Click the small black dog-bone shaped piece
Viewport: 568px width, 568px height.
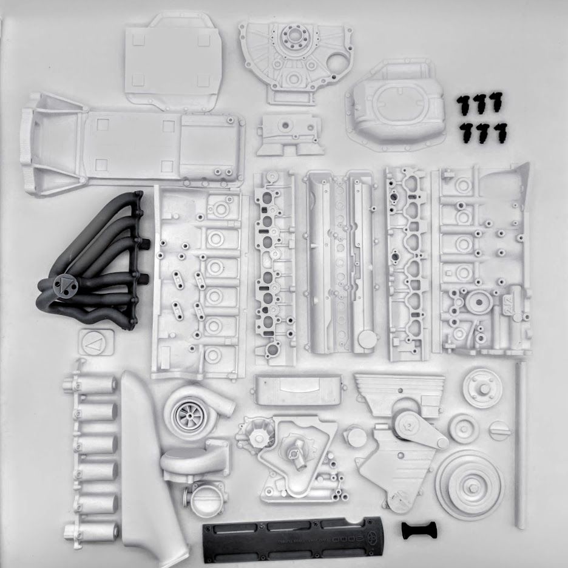tap(418, 530)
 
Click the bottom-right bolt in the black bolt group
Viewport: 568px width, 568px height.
tap(500, 132)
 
